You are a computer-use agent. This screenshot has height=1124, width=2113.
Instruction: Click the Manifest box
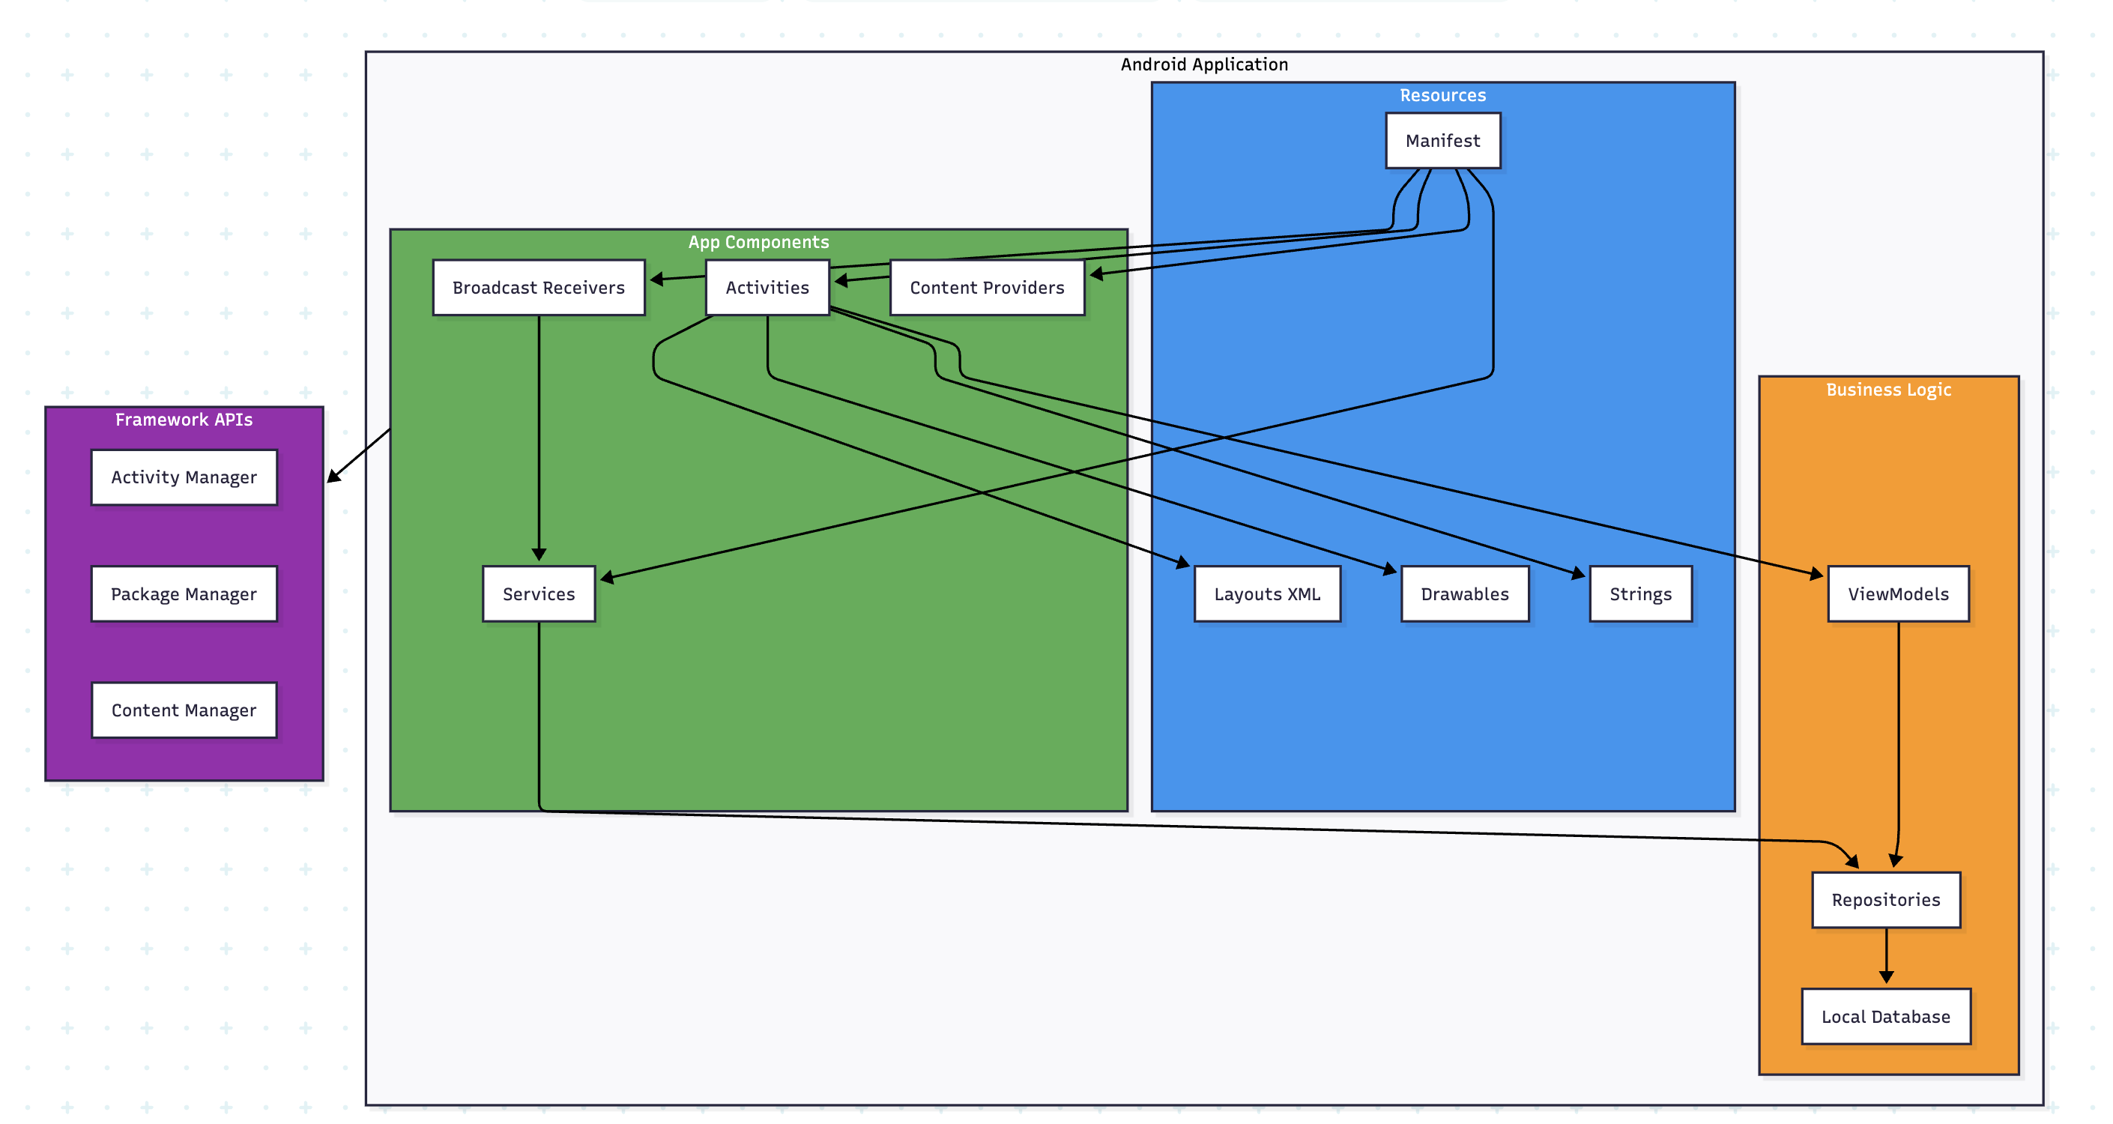[1442, 140]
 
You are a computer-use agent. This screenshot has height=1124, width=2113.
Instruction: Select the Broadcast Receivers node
[538, 287]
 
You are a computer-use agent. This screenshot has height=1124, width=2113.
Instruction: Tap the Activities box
[767, 287]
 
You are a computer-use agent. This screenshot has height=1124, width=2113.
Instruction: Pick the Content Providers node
[986, 287]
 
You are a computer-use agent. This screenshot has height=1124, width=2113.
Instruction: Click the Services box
[538, 593]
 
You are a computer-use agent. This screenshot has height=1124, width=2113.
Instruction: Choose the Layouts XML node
[1266, 593]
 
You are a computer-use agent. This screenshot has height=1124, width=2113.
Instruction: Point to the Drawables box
[1464, 593]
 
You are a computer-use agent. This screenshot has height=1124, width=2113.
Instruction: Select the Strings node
[1639, 593]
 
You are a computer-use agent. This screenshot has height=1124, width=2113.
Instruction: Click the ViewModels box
[1897, 593]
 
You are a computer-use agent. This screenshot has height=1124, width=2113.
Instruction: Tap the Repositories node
[1885, 899]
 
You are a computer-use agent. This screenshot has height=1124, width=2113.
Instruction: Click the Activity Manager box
[184, 477]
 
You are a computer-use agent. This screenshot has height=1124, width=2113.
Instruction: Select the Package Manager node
[184, 593]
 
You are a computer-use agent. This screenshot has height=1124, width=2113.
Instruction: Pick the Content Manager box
[184, 710]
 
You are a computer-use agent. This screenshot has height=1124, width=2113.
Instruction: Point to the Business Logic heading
[1887, 389]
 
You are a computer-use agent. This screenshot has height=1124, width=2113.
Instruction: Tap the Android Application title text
[1203, 64]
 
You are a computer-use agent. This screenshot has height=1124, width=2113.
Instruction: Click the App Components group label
[758, 242]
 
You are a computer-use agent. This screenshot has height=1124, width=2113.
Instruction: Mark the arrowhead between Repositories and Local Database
[1886, 976]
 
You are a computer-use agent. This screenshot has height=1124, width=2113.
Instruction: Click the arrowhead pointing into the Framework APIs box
[333, 476]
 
